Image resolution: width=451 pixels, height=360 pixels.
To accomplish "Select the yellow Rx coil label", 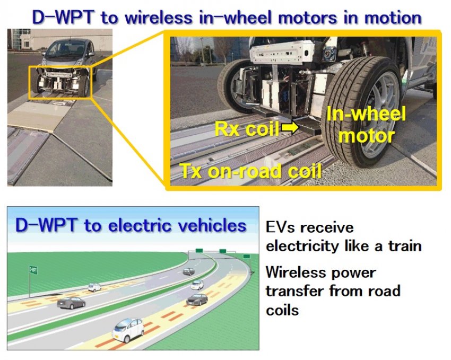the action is point(247,129).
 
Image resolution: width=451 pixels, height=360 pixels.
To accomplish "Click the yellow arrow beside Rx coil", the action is point(290,128).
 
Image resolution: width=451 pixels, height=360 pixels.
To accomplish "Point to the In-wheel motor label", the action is point(366,125).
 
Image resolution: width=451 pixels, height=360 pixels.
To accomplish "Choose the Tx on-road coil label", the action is point(250,171).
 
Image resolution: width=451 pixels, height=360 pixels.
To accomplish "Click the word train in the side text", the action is point(405,246).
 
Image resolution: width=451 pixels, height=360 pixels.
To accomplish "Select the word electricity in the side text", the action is point(302,246).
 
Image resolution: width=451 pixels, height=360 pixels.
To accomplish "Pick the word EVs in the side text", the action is point(281,227).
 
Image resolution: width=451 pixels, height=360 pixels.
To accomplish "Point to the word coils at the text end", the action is point(282,310).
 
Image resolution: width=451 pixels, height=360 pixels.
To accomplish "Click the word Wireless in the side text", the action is point(296,272).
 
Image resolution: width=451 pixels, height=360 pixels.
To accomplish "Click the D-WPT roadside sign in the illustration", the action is point(33,270).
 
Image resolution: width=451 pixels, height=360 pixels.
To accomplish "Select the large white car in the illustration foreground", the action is point(128,330).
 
